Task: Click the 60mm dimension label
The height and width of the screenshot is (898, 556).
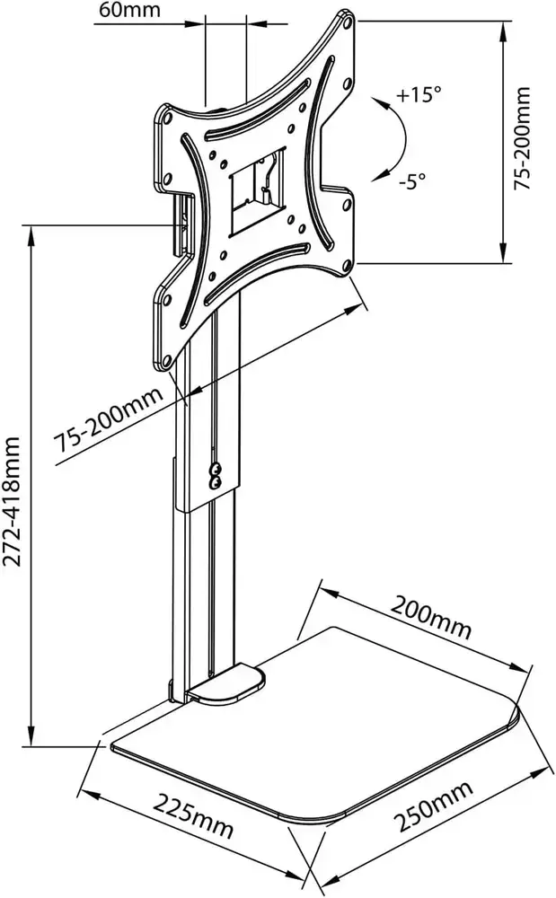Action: (123, 11)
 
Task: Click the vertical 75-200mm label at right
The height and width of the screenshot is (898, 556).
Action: (524, 137)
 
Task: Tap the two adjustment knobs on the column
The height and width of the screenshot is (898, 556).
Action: (216, 474)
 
